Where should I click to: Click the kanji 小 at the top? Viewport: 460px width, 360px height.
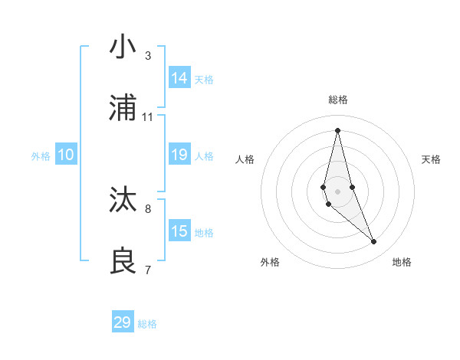[123, 47]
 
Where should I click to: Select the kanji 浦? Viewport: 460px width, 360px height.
[123, 108]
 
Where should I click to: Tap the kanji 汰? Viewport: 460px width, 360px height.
[123, 200]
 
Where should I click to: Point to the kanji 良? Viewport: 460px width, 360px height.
[123, 261]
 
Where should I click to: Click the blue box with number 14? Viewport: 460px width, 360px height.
[179, 78]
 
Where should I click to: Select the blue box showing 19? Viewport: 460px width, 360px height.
[179, 155]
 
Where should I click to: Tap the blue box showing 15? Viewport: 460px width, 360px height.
[179, 231]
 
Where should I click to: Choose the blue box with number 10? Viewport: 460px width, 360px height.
[66, 155]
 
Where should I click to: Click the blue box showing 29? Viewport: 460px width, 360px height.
[123, 322]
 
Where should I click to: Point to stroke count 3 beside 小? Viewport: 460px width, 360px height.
[148, 56]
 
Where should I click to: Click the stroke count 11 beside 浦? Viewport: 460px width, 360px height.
[148, 117]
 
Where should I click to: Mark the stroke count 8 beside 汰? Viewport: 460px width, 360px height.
[148, 208]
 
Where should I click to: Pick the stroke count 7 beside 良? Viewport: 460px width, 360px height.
[148, 270]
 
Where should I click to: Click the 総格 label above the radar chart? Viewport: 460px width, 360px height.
[338, 100]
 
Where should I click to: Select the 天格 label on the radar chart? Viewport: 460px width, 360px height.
[431, 159]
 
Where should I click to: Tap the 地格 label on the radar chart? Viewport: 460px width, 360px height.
[402, 262]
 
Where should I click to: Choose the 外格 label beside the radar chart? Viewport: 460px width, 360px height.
[270, 262]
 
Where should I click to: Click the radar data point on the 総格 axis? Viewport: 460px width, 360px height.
[337, 129]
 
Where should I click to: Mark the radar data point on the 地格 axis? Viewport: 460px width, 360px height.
[374, 242]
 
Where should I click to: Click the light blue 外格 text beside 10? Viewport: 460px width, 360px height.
[41, 156]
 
